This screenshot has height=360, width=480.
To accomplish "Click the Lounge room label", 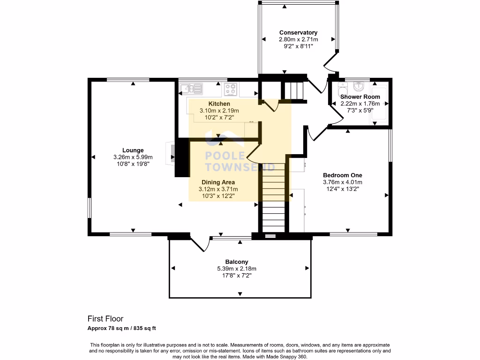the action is [133, 150].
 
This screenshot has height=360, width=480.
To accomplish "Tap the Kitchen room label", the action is [219, 104].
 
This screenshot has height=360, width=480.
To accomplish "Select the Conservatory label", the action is [298, 32].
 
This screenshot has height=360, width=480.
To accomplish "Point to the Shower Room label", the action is [360, 97].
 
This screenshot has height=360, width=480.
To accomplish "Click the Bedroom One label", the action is [343, 175].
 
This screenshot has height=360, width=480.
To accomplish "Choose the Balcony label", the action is [237, 262].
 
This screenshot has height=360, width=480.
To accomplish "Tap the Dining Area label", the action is [218, 182].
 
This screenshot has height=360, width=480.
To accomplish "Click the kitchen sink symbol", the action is [191, 89].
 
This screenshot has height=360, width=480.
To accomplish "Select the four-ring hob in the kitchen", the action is [231, 89].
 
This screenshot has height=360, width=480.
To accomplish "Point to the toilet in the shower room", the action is [342, 90].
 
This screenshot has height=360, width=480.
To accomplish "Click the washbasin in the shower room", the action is [359, 86].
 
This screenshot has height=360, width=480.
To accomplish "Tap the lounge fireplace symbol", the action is [171, 153].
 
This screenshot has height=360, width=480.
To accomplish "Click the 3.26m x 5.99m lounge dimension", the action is [133, 157].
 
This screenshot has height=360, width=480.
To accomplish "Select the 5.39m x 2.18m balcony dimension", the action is [237, 269].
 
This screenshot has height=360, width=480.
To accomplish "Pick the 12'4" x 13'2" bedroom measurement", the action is [343, 189].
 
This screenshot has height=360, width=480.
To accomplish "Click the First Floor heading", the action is [105, 319].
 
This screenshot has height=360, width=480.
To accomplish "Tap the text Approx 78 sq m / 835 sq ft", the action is [121, 328].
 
